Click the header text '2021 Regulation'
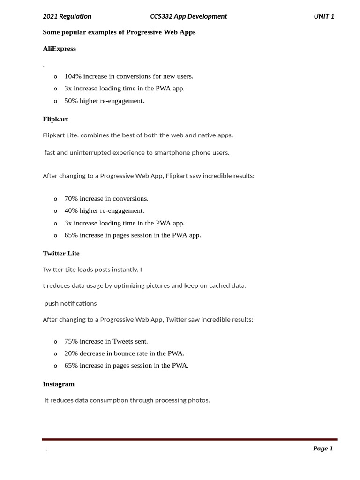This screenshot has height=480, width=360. click(x=67, y=16)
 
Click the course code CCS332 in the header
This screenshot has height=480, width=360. click(x=161, y=16)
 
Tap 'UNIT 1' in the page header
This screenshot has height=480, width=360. click(x=324, y=16)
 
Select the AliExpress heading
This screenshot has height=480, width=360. click(x=59, y=49)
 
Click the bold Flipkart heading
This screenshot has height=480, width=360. click(x=55, y=119)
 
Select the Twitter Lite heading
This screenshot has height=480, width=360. click(x=61, y=254)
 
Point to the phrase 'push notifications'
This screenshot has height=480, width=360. click(x=71, y=303)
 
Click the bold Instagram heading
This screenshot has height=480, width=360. click(x=59, y=384)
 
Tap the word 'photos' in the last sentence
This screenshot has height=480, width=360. click(x=198, y=400)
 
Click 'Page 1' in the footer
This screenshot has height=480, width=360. click(x=323, y=449)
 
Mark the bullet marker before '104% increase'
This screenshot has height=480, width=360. click(x=55, y=76)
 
